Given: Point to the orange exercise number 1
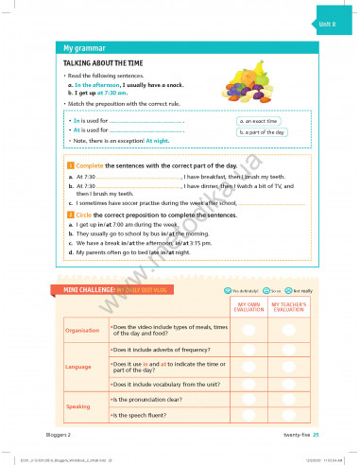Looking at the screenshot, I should click(x=69, y=165).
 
